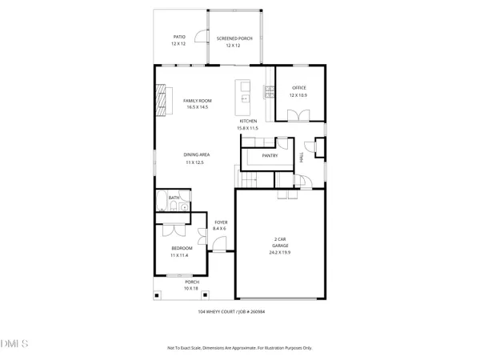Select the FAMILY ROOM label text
click(x=197, y=100)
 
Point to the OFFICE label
click(x=298, y=88)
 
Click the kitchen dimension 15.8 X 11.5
click(x=248, y=128)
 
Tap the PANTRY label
click(x=269, y=155)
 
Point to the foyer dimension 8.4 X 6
click(x=219, y=229)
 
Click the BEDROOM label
click(x=181, y=248)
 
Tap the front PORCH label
click(x=191, y=282)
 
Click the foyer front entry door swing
click(x=218, y=245)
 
